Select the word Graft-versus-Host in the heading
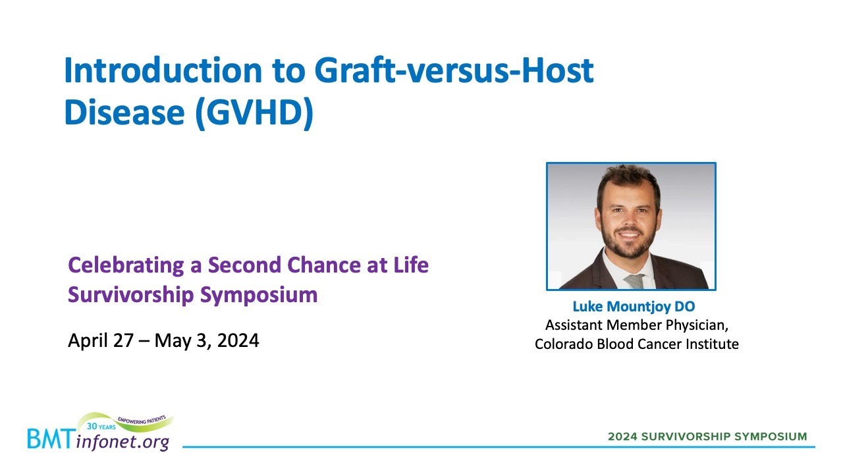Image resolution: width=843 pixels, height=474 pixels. point(454,71)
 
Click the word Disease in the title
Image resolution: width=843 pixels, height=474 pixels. point(123,114)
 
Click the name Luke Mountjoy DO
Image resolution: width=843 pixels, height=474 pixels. point(634,307)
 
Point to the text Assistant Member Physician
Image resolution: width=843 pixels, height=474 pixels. point(636,325)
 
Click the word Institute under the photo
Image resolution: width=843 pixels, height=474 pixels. point(712,344)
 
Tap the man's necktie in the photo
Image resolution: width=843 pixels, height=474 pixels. point(634,281)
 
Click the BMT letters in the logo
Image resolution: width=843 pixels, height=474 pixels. point(50,439)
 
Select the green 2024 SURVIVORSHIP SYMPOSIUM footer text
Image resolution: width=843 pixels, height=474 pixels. point(707,436)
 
